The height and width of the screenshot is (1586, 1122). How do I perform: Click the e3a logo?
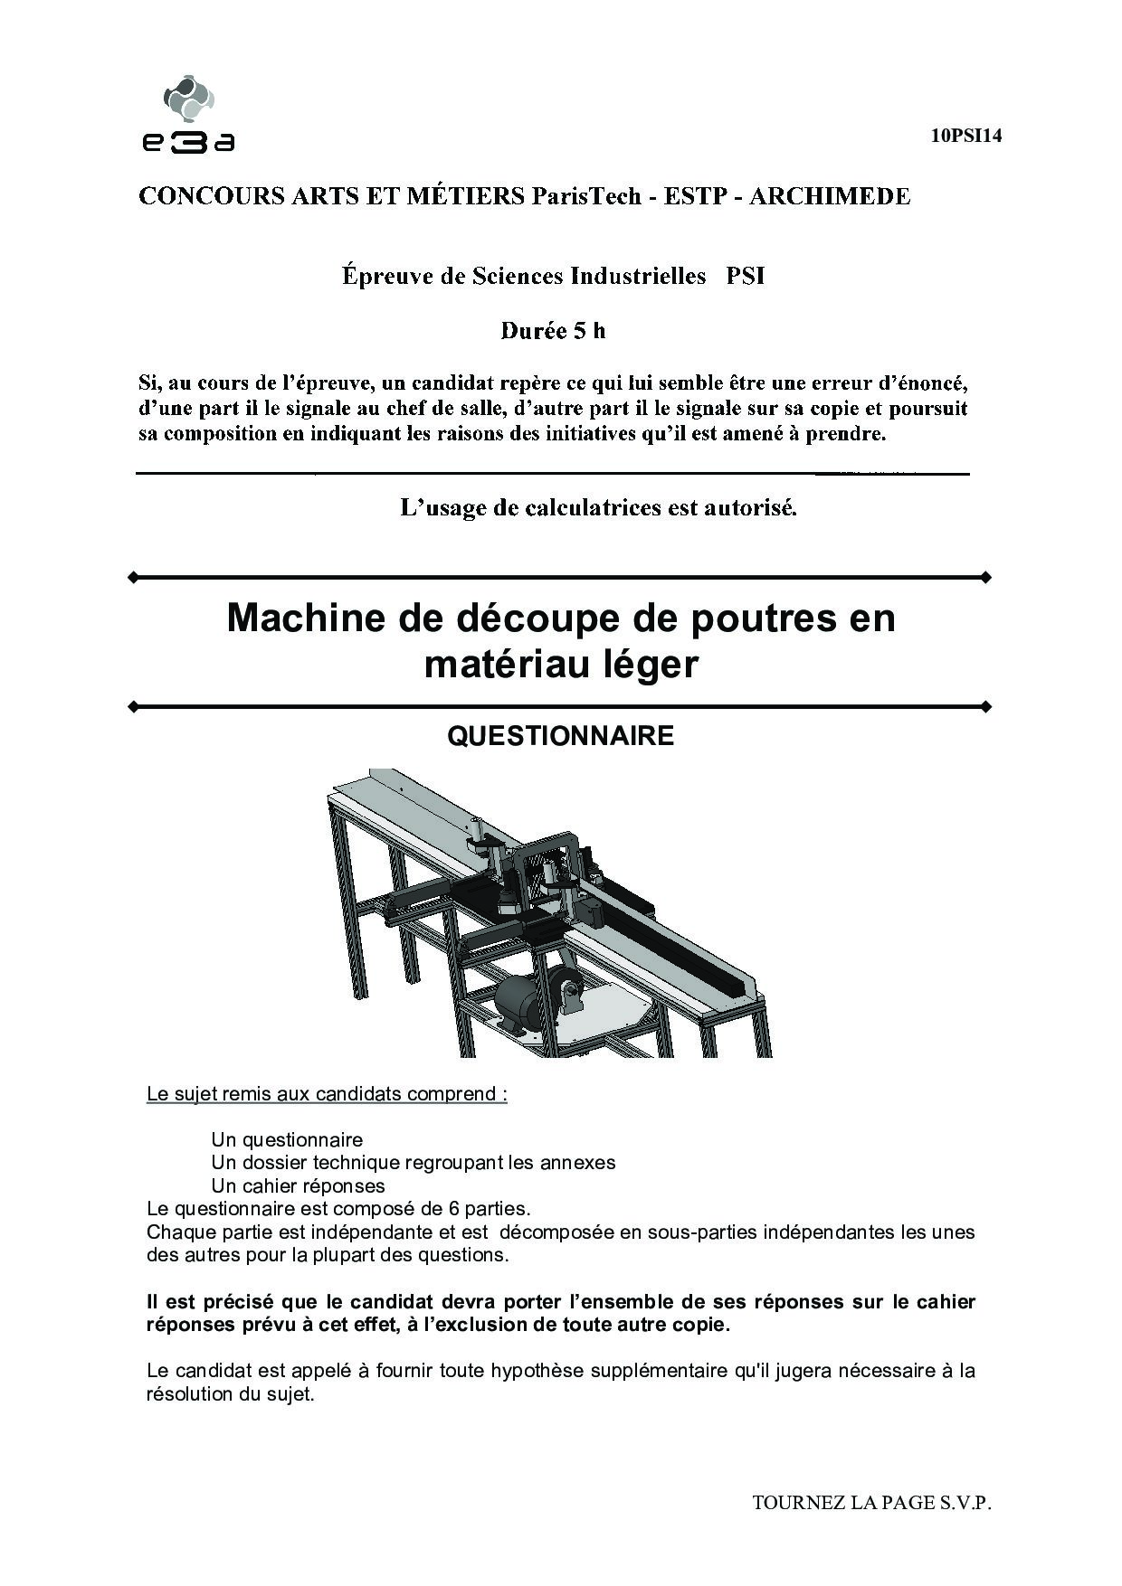point(188,114)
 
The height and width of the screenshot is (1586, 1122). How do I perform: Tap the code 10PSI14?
point(965,137)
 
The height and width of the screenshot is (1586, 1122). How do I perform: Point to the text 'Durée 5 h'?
point(553,331)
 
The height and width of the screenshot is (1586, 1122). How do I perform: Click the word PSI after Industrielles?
point(745,276)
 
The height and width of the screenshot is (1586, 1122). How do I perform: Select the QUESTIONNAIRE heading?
point(560,736)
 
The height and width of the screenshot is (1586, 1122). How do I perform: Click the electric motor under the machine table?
point(520,1001)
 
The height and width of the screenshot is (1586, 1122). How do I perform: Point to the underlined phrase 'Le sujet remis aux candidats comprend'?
point(326,1094)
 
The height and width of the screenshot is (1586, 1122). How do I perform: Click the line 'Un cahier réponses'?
point(298,1185)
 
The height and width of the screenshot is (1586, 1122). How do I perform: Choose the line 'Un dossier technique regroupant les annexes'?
point(413,1163)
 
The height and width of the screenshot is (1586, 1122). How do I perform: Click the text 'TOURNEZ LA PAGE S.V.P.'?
point(871,1503)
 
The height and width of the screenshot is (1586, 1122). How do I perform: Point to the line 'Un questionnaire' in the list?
point(287,1140)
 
